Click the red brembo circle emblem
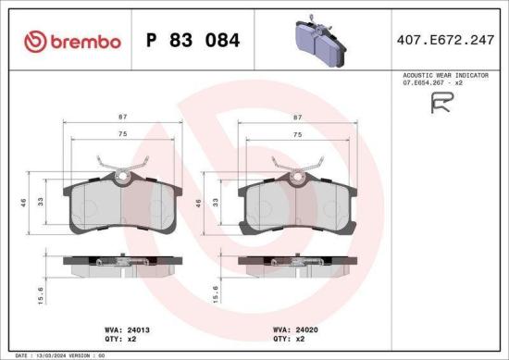[34, 41]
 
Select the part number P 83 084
[192, 41]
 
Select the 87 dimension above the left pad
[123, 118]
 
